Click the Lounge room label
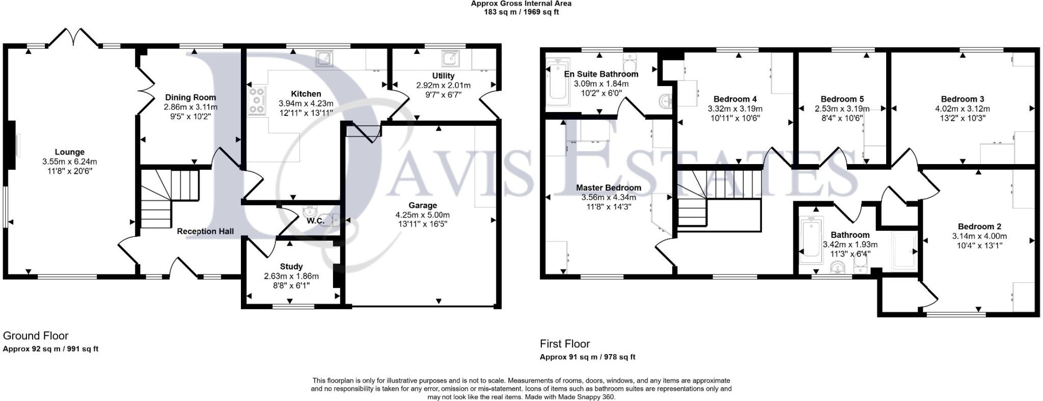70,152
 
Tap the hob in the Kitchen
257,100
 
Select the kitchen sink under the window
324,59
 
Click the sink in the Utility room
449,59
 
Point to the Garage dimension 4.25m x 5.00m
422,215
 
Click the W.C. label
315,221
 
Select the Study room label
291,266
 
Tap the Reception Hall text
205,231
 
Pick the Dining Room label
190,97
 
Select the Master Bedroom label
608,188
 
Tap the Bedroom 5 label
842,99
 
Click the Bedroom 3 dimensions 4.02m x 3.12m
962,109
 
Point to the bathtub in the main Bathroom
811,240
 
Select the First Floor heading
565,344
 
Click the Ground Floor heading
36,336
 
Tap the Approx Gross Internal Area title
521,4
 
